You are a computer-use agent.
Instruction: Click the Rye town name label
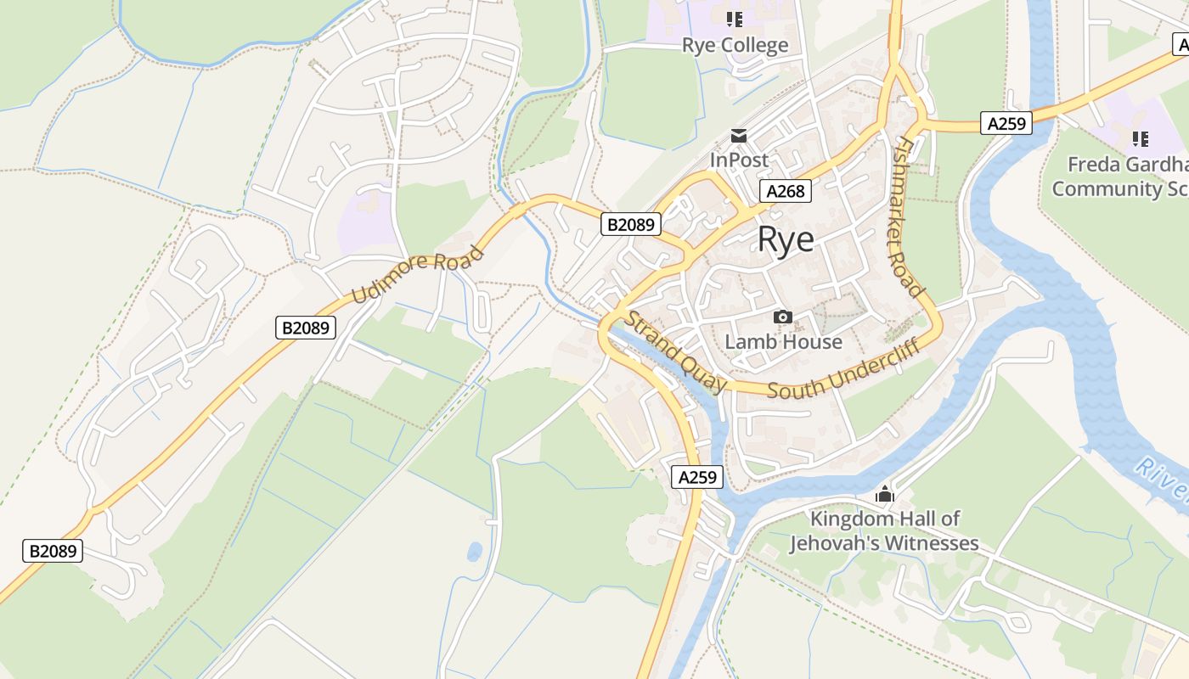(x=786, y=239)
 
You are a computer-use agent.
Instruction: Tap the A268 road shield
(x=785, y=191)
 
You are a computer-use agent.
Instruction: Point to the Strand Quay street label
(x=677, y=352)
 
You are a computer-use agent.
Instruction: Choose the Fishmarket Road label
(x=908, y=217)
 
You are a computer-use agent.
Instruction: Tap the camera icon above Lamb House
(x=783, y=317)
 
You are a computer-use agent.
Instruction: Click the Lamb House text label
(x=783, y=342)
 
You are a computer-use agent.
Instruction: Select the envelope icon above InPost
(x=739, y=136)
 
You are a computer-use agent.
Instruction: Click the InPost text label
(x=739, y=160)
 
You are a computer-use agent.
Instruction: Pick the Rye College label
(x=735, y=45)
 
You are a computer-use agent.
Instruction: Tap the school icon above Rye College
(x=735, y=20)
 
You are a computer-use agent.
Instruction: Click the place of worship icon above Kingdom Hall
(x=885, y=493)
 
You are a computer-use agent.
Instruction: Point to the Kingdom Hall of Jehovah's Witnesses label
(x=885, y=530)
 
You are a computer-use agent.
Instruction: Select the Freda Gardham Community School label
(x=1121, y=177)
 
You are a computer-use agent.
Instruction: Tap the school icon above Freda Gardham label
(x=1140, y=138)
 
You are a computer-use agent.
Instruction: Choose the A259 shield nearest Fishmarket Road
(x=1006, y=123)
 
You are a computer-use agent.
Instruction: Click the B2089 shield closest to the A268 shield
(x=631, y=224)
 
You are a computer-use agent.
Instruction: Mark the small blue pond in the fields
(x=475, y=552)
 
